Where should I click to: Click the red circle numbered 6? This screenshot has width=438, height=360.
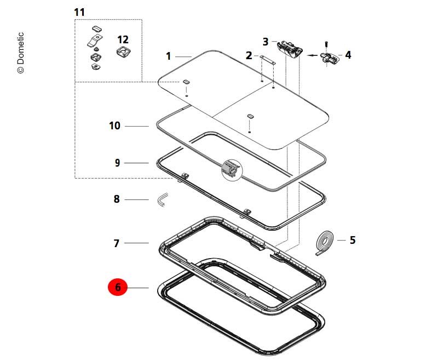[x=118, y=287]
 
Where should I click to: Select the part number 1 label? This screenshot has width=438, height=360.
[x=169, y=56]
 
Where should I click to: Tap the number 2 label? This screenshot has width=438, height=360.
[x=249, y=55]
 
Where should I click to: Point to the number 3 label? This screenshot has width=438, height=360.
[x=266, y=41]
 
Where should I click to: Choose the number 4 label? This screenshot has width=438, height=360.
[x=348, y=55]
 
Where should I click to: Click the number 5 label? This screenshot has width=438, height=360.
[x=353, y=239]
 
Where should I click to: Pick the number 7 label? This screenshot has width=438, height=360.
[x=116, y=243]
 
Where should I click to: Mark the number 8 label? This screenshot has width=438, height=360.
[x=116, y=199]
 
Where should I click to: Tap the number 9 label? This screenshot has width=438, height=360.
[x=117, y=163]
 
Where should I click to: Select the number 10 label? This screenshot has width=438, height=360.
[x=114, y=126]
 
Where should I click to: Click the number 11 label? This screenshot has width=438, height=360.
[x=80, y=12]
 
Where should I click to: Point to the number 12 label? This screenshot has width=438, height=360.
[x=123, y=39]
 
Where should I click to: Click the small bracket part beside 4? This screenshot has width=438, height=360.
[x=330, y=58]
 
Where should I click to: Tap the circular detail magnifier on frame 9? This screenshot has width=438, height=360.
[x=231, y=169]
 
